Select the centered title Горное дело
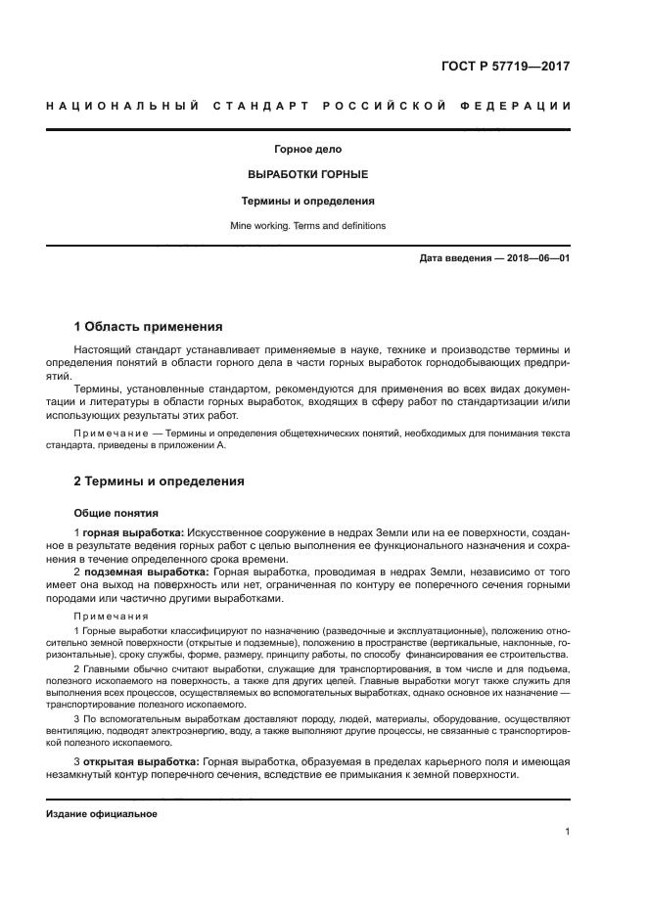[x=307, y=150]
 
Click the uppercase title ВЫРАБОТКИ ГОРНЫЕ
[x=307, y=175]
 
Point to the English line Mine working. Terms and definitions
[x=307, y=225]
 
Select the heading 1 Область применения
[x=149, y=326]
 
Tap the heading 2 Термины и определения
[x=160, y=481]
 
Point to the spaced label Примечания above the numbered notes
[x=112, y=617]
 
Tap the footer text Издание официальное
[x=102, y=813]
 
